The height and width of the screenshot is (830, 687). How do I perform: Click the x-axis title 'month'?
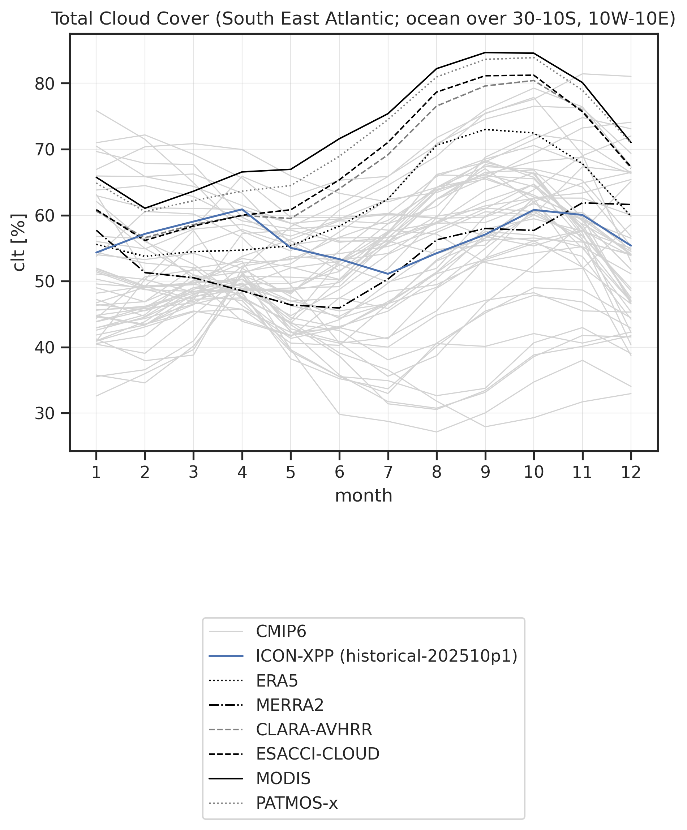363,495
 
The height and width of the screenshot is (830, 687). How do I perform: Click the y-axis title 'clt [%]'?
19,242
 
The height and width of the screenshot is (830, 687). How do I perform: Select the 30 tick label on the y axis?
45,413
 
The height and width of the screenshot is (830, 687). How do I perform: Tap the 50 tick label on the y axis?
45,281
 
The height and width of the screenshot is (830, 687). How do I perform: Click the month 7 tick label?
388,472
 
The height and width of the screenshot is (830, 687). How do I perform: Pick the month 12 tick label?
631,472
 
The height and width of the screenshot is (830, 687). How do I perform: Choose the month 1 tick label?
96,472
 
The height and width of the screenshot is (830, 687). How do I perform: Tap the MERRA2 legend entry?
290,705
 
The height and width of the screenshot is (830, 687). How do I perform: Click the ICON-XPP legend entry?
386,656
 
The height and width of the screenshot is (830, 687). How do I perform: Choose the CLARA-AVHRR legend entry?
314,729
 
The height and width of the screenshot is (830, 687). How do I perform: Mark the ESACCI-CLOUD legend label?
317,754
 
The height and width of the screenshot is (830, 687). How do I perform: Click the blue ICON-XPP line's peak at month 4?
242,209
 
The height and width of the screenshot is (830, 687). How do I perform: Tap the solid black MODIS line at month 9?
485,52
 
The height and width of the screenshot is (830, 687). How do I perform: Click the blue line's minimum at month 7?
388,274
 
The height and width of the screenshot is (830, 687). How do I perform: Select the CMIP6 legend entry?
281,632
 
